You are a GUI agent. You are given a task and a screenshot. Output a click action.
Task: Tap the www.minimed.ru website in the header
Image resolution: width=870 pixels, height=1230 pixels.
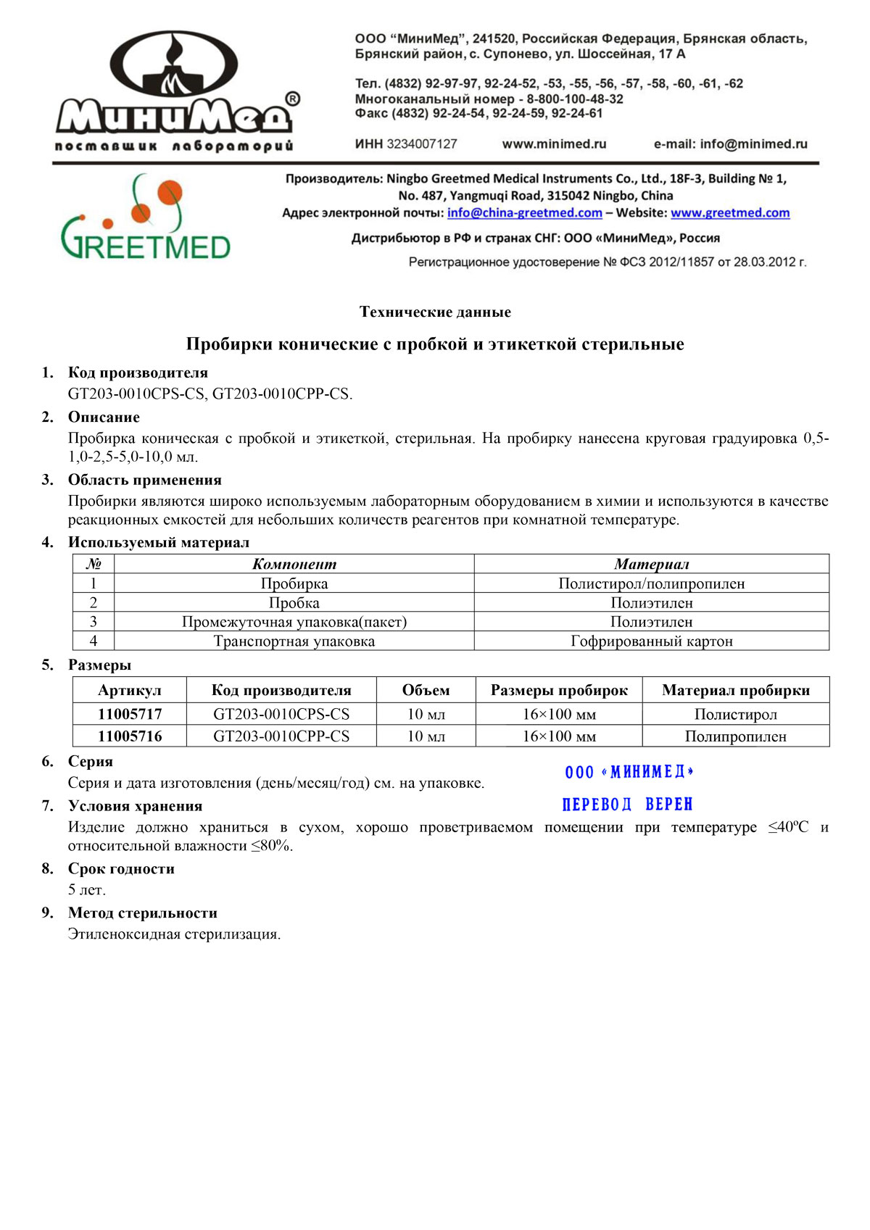(554, 144)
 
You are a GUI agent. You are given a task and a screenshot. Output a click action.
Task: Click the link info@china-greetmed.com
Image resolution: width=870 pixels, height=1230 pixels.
(524, 212)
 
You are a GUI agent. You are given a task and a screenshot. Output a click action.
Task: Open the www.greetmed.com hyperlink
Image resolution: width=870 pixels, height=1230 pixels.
(729, 212)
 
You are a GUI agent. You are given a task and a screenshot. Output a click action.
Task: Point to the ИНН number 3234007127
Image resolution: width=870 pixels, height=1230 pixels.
(421, 144)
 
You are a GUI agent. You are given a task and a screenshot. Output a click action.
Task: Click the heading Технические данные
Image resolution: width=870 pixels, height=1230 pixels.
(435, 312)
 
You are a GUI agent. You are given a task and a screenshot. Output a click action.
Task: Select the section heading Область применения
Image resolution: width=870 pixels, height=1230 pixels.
(144, 480)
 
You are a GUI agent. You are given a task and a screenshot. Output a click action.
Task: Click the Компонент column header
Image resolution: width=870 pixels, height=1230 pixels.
(294, 564)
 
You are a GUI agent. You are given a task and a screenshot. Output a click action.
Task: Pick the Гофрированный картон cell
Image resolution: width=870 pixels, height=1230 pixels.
(651, 641)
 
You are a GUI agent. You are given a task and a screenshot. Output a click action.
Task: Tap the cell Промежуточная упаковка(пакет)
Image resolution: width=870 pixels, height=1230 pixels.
(294, 622)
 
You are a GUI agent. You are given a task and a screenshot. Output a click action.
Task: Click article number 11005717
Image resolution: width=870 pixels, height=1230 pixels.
(130, 714)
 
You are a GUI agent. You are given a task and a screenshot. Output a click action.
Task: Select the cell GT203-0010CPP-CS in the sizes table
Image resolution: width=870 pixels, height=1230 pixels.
(281, 736)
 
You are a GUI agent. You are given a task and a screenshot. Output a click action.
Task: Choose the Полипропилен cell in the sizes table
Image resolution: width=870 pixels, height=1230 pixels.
(735, 736)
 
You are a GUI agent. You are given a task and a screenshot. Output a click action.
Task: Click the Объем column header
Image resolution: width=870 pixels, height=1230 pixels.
(426, 690)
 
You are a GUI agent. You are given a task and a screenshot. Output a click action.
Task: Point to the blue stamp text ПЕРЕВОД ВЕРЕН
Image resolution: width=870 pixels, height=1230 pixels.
(627, 805)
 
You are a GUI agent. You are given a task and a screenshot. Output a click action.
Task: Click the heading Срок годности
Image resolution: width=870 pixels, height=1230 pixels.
(121, 868)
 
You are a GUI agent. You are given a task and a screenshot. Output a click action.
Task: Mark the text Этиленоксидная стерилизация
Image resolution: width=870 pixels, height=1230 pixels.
(174, 934)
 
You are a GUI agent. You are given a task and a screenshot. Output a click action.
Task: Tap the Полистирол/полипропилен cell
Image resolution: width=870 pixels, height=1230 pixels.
(651, 583)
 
